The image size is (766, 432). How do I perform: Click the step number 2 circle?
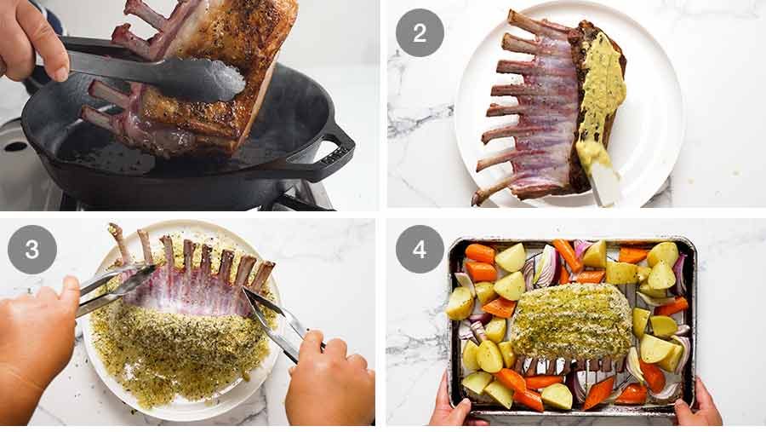(420, 32)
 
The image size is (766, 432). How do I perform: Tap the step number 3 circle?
(32, 249)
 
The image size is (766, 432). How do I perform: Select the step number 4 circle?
(420, 249)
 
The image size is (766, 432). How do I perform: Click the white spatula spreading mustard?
(605, 183)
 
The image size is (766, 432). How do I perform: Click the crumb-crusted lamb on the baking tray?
(572, 320)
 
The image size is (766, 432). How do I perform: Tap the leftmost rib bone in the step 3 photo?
(117, 242)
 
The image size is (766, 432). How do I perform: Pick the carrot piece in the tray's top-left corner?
(480, 253)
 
